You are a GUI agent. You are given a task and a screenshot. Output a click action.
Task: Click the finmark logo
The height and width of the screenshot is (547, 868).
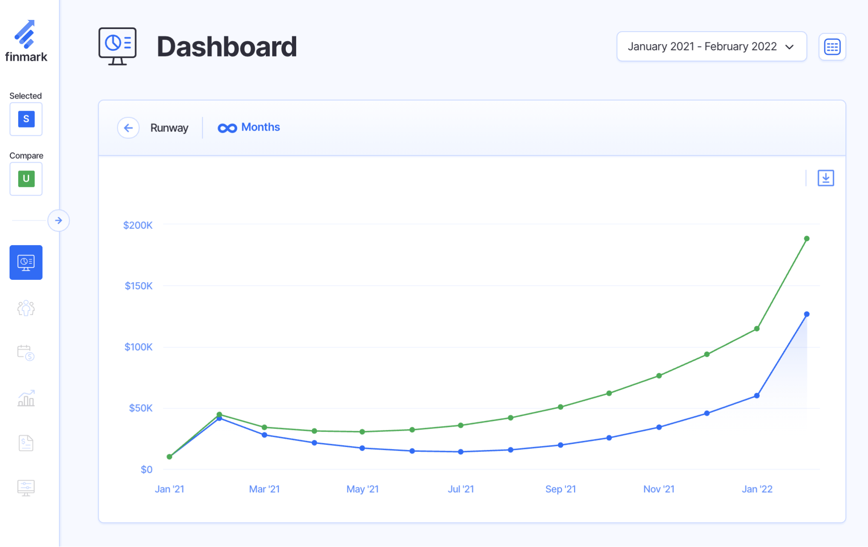coord(26,41)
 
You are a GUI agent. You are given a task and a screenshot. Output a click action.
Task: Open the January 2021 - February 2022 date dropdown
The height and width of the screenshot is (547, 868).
coord(711,46)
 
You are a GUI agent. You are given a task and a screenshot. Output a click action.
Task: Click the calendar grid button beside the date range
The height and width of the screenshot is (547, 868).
coord(832,47)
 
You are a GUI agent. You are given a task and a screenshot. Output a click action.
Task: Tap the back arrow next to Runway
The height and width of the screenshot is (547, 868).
coord(128,128)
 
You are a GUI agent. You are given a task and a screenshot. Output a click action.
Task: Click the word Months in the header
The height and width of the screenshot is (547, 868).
coord(261,128)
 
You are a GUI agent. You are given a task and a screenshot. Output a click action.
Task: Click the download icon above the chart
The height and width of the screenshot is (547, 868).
coord(825,178)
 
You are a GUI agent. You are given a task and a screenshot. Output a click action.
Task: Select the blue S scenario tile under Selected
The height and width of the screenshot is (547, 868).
coord(26,119)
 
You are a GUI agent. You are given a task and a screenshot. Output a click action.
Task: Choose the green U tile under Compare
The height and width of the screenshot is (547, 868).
coord(26,179)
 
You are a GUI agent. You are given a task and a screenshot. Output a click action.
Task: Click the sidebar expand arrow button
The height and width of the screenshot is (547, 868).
coord(59,220)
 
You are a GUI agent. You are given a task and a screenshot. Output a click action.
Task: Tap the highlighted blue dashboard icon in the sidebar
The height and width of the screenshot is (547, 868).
coord(26,262)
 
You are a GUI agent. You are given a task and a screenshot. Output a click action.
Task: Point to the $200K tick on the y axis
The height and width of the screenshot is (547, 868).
coord(138,225)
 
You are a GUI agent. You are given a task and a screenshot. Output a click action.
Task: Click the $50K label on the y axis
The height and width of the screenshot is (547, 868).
coord(141,408)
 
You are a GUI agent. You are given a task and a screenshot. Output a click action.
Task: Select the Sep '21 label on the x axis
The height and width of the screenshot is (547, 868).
coord(561,489)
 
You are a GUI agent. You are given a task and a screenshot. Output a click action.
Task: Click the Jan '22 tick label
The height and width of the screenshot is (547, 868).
coord(757,489)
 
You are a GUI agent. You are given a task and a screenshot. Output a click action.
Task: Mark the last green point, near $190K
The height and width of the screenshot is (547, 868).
coord(806,239)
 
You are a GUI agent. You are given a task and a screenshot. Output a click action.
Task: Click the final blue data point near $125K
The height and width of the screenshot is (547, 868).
coord(806,314)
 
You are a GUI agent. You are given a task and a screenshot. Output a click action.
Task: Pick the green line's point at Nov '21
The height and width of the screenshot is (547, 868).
coord(659,376)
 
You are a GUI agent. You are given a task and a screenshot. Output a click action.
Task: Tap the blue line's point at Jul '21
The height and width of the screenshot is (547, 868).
coord(461,452)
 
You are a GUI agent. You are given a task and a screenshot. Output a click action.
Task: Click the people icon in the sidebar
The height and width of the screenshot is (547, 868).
coord(26,308)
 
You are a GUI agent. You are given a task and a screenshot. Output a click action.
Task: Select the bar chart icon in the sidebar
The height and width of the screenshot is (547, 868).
coord(26,398)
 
